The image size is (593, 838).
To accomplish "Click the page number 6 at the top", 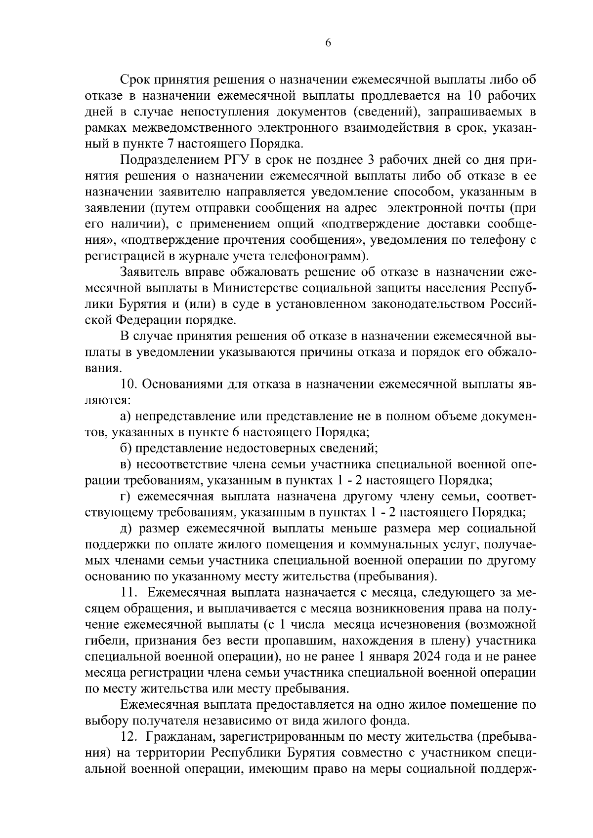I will tap(328, 43).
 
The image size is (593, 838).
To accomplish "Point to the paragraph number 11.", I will tap(128, 592).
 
